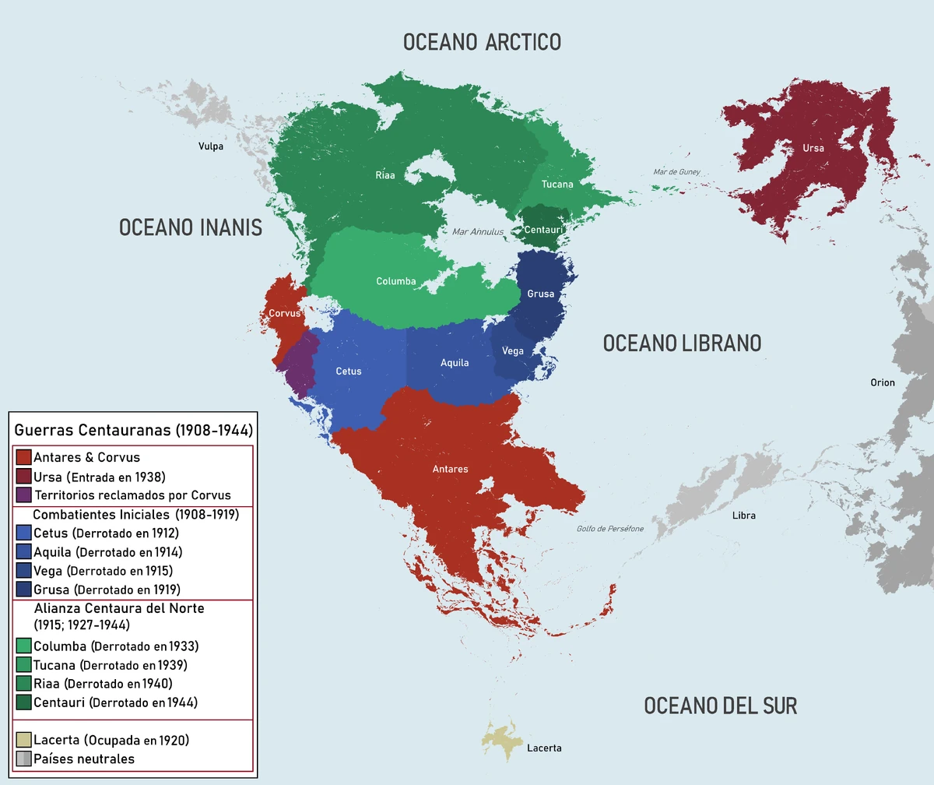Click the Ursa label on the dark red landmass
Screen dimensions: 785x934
(x=813, y=148)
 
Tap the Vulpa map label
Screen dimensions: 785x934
(x=210, y=146)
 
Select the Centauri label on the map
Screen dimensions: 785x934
(x=543, y=231)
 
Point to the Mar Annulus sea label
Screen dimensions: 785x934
(x=478, y=232)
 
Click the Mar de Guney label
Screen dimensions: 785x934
(x=676, y=172)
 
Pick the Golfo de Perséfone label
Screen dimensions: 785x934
(x=610, y=529)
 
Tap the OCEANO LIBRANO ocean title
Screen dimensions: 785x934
(x=682, y=343)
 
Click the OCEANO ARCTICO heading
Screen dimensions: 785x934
(x=482, y=42)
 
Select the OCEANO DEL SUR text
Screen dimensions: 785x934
(x=720, y=706)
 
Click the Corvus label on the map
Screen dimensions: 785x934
(x=284, y=313)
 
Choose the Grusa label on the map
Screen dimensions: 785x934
(x=541, y=294)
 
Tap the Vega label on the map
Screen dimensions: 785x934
(x=513, y=351)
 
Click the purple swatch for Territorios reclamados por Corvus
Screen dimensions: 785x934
(x=23, y=495)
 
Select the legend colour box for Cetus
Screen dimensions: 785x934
(x=23, y=533)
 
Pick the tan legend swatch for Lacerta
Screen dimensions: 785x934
(x=23, y=740)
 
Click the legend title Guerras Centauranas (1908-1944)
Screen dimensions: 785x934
(x=133, y=430)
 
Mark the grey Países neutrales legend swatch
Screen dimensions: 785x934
(x=23, y=759)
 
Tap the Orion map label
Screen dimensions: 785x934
(x=883, y=382)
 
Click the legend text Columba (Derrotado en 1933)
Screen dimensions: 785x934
(x=116, y=646)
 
